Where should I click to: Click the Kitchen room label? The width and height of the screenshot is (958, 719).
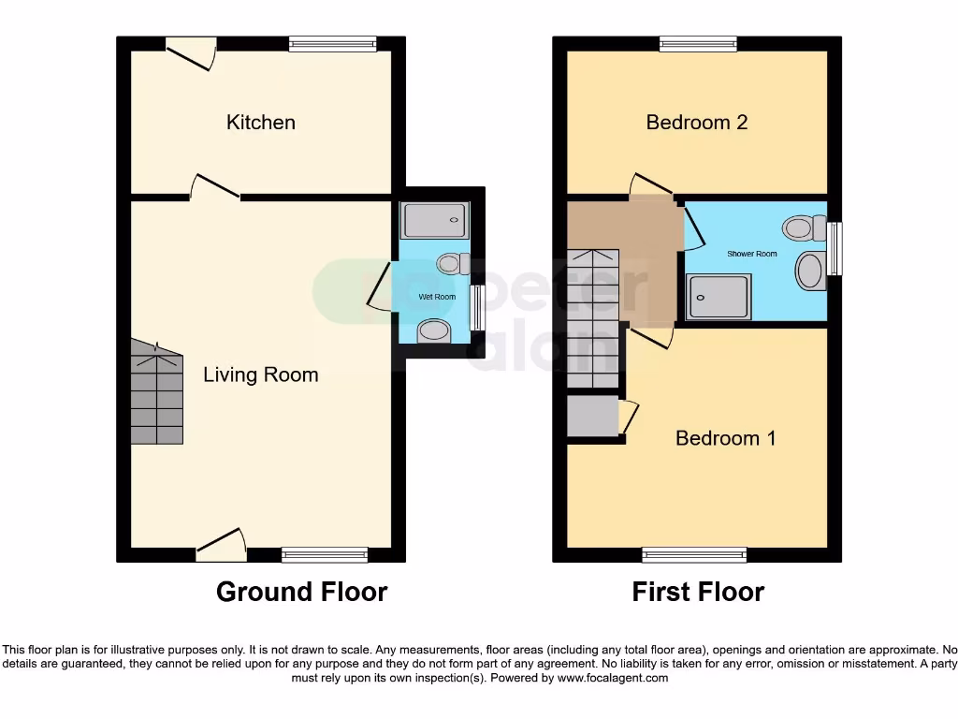point(261,123)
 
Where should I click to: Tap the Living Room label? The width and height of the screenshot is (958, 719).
point(261,375)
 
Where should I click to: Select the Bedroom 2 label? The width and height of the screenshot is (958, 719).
point(697,123)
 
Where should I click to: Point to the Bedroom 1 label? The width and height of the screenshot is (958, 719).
point(725,438)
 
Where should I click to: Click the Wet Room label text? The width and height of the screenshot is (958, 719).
point(437,297)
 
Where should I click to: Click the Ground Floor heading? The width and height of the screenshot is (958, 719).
point(301,592)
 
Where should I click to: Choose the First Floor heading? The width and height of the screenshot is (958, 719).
point(698,592)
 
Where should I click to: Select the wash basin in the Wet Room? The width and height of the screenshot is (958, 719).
point(433,330)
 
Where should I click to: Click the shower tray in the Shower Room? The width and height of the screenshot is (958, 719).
point(718,297)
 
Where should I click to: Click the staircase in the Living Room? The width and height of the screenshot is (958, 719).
point(156,393)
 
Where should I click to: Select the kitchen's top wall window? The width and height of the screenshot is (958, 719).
point(332,43)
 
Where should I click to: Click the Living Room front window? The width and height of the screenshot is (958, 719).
point(325,555)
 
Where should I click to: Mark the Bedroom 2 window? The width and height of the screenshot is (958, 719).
point(698,43)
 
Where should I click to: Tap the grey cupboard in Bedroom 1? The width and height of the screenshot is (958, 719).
point(593,417)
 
